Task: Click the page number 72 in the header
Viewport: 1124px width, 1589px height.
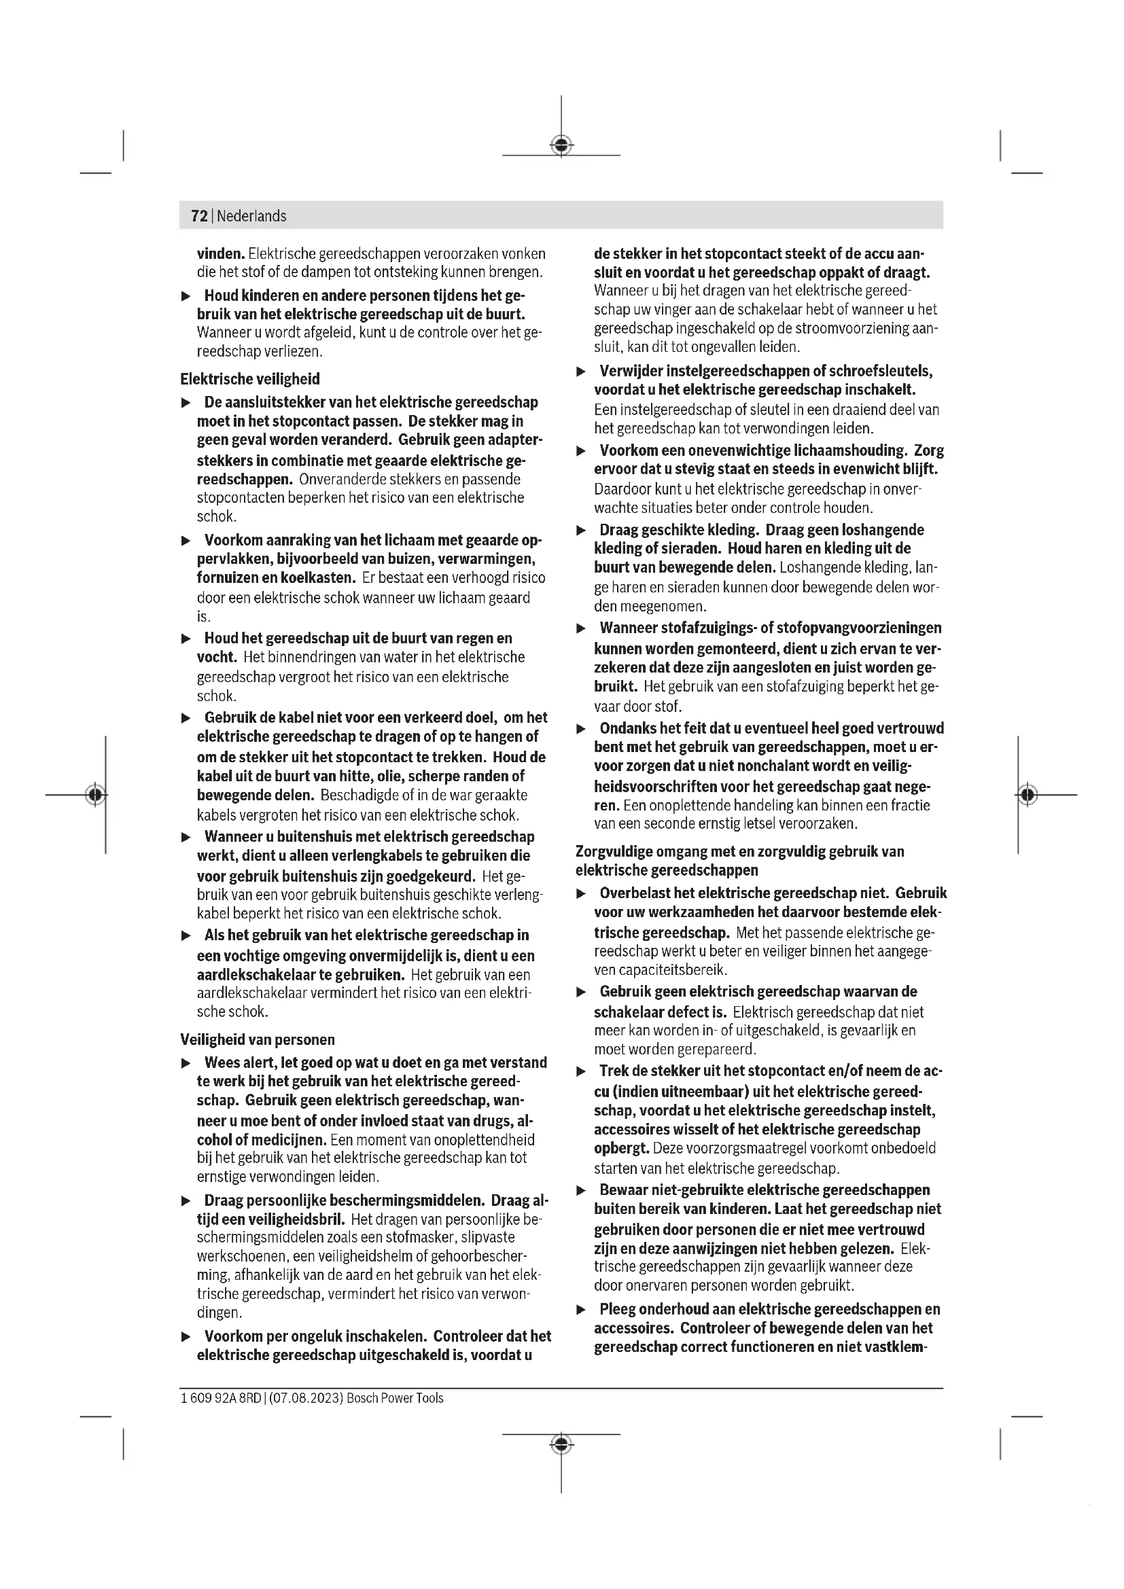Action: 199,216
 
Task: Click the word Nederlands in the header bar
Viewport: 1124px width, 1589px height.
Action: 251,216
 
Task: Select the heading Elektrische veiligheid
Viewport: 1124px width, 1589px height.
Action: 250,379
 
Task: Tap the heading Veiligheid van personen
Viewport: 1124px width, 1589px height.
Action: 258,1039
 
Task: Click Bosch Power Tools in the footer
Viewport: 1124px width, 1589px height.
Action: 396,1398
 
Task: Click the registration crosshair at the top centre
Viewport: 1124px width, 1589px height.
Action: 561,145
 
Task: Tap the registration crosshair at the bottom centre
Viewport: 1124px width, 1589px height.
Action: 561,1444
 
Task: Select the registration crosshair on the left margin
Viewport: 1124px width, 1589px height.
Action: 96,795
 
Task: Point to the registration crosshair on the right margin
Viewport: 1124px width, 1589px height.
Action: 1028,795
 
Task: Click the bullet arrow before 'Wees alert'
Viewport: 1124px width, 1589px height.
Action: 186,1063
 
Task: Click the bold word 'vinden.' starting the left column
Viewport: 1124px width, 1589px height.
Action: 221,254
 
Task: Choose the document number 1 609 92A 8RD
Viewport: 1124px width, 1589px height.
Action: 221,1398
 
